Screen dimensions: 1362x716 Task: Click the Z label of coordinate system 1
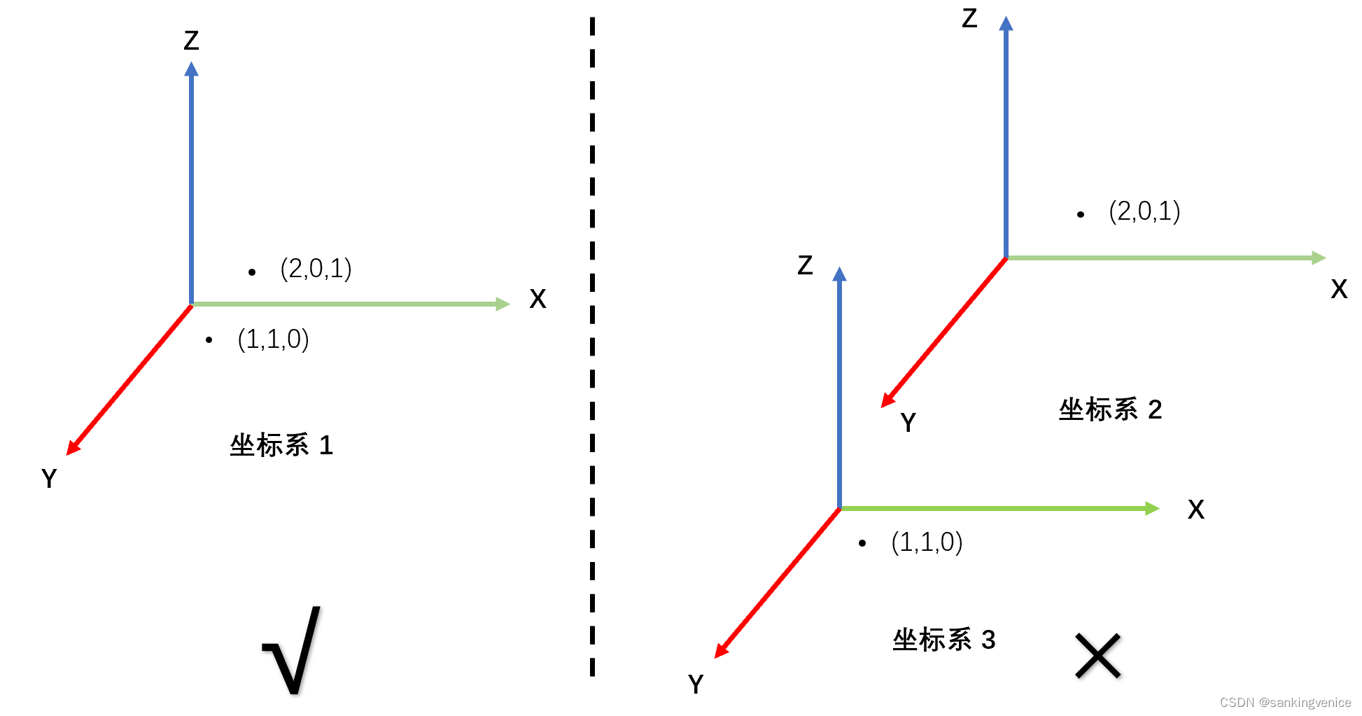pos(191,41)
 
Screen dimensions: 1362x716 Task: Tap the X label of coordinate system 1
pos(538,300)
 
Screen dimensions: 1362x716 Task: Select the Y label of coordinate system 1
pos(49,479)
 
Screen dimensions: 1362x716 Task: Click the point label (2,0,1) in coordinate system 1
pos(316,269)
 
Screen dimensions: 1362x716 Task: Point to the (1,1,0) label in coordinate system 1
pos(273,339)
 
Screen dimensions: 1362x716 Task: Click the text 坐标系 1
pos(281,445)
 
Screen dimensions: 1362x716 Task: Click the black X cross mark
pos(1097,656)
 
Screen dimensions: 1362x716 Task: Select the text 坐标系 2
pos(1110,409)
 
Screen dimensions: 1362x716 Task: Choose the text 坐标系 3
pos(943,640)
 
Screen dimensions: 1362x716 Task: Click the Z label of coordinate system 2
pos(969,18)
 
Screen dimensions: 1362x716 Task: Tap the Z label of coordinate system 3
pos(805,265)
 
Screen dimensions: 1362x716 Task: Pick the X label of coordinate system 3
pos(1196,510)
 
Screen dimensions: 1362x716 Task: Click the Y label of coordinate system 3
pos(696,684)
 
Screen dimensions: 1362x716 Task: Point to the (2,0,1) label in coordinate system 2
pos(1144,211)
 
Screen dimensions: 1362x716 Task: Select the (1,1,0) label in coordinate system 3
pos(927,542)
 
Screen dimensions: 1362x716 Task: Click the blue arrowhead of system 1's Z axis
pos(191,69)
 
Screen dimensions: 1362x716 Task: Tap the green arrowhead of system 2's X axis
pos(1318,258)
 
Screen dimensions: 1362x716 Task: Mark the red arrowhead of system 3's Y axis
pos(721,650)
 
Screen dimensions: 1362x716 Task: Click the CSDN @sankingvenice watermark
pos(1285,702)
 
